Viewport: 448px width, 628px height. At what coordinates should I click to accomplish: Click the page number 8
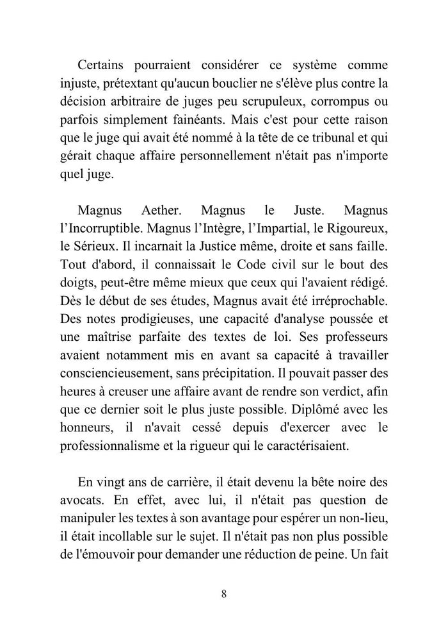(x=223, y=593)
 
